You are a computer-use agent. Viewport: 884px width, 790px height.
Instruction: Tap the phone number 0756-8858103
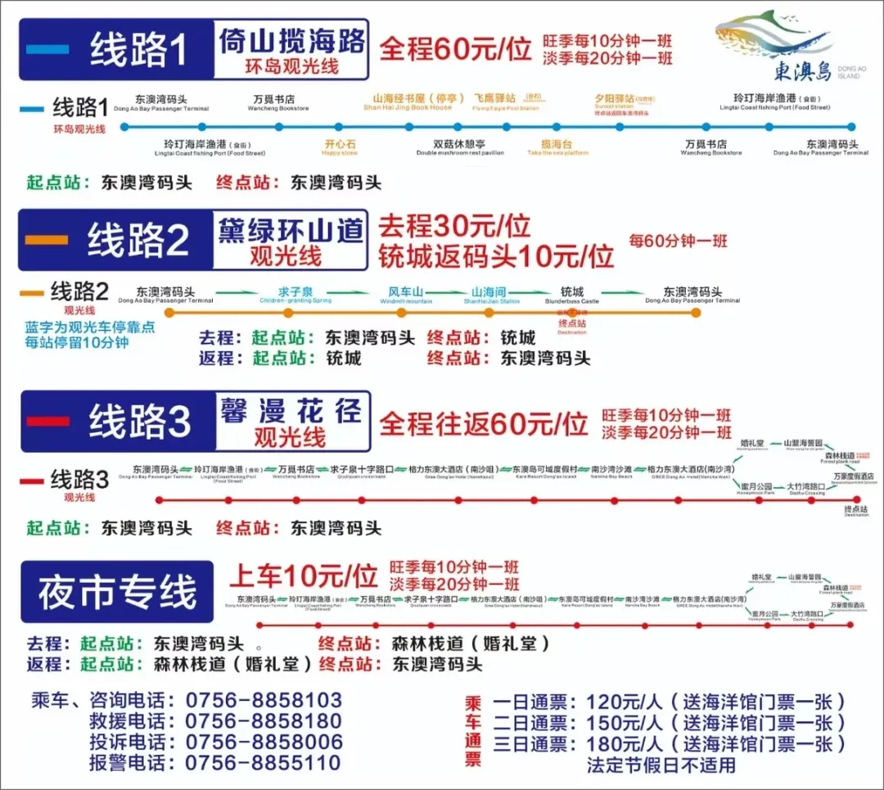pyautogui.click(x=264, y=701)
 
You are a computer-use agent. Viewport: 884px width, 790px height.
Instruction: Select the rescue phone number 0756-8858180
pyautogui.click(x=264, y=721)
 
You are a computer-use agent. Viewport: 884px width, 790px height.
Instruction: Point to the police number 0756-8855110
pyautogui.click(x=264, y=763)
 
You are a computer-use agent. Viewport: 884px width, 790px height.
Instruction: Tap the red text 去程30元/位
pyautogui.click(x=454, y=226)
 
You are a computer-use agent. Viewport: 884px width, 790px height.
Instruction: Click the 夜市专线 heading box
pyautogui.click(x=117, y=592)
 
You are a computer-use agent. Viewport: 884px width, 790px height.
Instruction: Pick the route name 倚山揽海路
pyautogui.click(x=291, y=42)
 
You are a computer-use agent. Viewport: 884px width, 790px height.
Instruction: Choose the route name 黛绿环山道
pyautogui.click(x=291, y=231)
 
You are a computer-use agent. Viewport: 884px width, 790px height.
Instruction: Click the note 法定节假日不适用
pyautogui.click(x=661, y=765)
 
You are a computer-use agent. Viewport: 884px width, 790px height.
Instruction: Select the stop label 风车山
pyautogui.click(x=406, y=292)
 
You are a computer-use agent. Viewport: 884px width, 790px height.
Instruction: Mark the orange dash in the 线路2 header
pyautogui.click(x=47, y=240)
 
